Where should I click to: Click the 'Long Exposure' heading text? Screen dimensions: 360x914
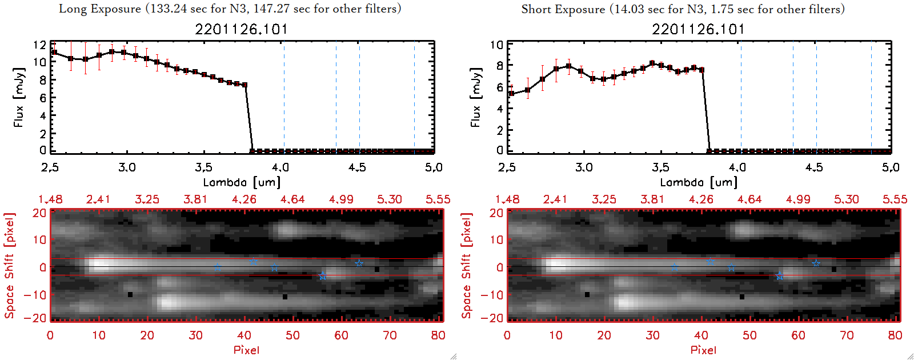pos(100,9)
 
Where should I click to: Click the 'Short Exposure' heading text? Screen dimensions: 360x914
pos(563,9)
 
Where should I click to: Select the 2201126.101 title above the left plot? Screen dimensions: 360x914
pos(241,29)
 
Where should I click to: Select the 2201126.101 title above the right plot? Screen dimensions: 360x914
pos(698,29)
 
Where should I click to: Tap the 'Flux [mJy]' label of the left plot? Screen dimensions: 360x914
pos(19,98)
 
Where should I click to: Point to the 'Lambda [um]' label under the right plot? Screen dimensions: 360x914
pos(699,182)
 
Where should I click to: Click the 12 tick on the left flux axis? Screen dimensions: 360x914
pos(39,45)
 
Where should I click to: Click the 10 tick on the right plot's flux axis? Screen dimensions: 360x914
pos(496,45)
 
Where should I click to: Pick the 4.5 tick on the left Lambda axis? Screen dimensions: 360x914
pos(357,167)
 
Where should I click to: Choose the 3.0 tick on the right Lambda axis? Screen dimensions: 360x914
pos(584,167)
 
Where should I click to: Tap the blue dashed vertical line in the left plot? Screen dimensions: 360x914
pos(336,97)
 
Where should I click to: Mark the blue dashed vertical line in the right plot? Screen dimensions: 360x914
pos(793,97)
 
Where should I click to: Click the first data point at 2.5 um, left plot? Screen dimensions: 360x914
pos(54,53)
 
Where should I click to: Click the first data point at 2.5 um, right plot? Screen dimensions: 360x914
pos(511,94)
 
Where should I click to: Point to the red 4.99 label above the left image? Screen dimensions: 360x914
pos(341,199)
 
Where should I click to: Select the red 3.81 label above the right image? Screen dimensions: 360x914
pos(652,199)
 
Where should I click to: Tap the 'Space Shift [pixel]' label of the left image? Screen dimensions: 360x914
pos(9,266)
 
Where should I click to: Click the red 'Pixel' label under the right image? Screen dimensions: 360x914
pos(703,350)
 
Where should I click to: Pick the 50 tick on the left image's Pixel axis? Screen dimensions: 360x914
pos(292,335)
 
